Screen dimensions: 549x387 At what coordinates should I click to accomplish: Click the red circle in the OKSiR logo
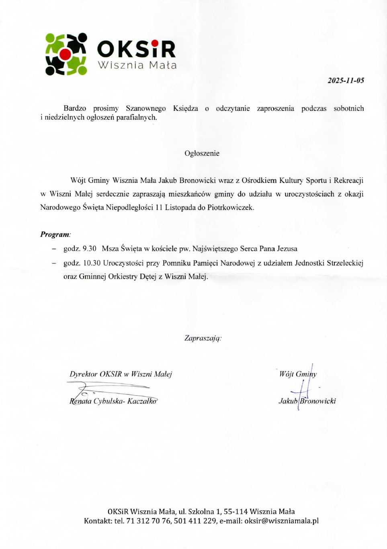[65, 54]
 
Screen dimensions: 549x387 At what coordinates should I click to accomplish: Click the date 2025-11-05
[346, 80]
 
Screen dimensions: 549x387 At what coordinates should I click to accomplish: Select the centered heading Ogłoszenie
[202, 153]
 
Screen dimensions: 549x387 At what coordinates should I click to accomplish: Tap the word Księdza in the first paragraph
[185, 108]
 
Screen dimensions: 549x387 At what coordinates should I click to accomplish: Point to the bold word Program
[55, 235]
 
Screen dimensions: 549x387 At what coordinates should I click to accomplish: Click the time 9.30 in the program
[89, 249]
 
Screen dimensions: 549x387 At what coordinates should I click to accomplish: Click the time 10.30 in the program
[92, 263]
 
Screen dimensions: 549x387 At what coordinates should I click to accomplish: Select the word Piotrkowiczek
[230, 208]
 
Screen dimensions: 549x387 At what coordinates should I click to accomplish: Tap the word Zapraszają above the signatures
[203, 338]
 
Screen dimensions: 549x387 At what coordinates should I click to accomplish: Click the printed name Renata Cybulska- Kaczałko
[113, 401]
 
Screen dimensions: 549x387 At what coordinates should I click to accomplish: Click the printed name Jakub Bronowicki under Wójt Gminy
[307, 401]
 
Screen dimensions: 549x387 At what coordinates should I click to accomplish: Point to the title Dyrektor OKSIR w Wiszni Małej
[121, 374]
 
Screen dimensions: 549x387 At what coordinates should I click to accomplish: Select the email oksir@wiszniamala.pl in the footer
[281, 521]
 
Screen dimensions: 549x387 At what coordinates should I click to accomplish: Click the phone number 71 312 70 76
[148, 521]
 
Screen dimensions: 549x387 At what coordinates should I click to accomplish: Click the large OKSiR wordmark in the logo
[136, 49]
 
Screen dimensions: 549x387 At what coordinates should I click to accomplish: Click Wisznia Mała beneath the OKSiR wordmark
[137, 65]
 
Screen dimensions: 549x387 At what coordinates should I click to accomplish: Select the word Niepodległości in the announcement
[129, 208]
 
